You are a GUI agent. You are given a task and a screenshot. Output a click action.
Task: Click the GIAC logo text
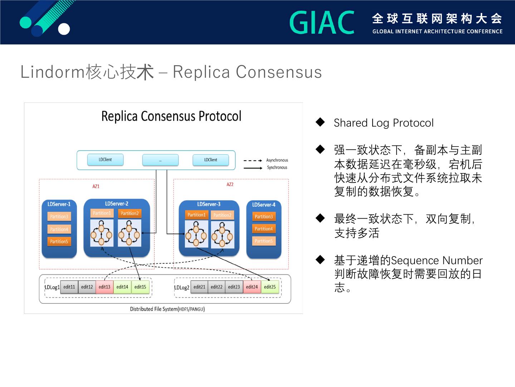pyautogui.click(x=322, y=23)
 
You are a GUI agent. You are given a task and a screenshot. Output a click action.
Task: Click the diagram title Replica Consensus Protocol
pyautogui.click(x=171, y=116)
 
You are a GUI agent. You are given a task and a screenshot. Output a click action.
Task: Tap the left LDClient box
pyautogui.click(x=105, y=160)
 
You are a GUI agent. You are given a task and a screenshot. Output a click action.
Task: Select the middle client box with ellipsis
pyautogui.click(x=160, y=160)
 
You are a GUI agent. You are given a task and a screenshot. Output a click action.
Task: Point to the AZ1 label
pyautogui.click(x=96, y=186)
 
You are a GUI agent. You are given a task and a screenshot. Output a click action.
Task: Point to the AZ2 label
pyautogui.click(x=230, y=185)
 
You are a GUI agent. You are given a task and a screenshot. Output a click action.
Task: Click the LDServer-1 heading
pyautogui.click(x=59, y=204)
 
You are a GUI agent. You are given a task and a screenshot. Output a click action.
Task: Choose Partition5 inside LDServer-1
pyautogui.click(x=59, y=242)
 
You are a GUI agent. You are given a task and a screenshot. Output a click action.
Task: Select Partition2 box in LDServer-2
pyautogui.click(x=129, y=214)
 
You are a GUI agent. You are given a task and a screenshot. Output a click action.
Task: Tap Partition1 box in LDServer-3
pyautogui.click(x=197, y=215)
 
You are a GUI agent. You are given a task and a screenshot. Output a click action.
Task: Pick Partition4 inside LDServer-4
pyautogui.click(x=264, y=229)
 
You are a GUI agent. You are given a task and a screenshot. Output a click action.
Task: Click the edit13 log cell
pyautogui.click(x=104, y=287)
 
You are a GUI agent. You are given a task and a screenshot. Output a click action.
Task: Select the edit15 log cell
pyautogui.click(x=140, y=287)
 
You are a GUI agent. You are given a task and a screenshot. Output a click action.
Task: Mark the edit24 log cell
pyautogui.click(x=252, y=287)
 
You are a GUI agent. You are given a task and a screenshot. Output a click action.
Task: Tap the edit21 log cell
pyautogui.click(x=199, y=287)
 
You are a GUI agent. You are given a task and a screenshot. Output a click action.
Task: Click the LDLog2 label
pyautogui.click(x=182, y=287)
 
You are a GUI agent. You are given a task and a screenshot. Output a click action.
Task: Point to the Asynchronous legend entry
pyautogui.click(x=277, y=160)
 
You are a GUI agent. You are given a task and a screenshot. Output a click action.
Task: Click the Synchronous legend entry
pyautogui.click(x=277, y=167)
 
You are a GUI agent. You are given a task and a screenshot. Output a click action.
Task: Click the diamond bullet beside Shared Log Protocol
pyautogui.click(x=320, y=122)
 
